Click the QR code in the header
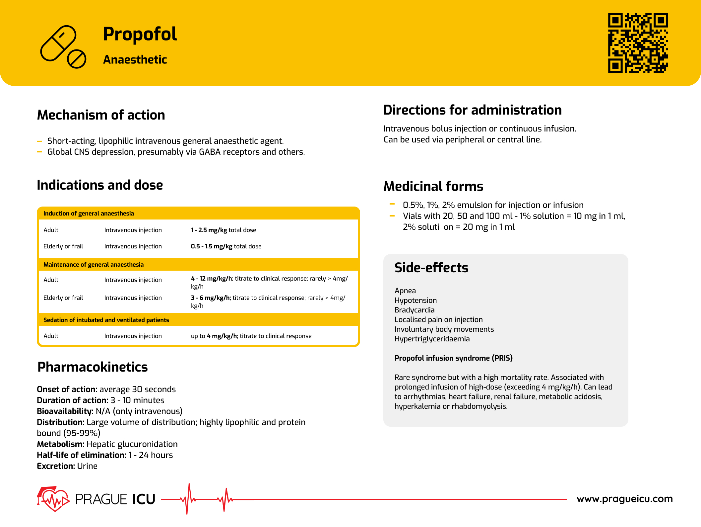pos(638,43)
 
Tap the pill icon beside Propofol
pos(63,46)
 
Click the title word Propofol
pos(140,34)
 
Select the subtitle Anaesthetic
pos(135,60)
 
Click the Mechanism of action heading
pos(101,115)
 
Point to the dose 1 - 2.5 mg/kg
pos(209,230)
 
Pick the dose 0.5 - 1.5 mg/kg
pos(211,246)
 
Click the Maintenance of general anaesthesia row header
pos(94,265)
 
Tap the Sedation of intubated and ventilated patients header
pos(106,320)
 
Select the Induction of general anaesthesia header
pos(89,214)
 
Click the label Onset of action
pos(67,389)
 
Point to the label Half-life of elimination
pos(81,455)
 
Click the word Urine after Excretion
pos(87,466)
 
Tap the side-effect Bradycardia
pos(414,310)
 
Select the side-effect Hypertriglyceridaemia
pos(432,339)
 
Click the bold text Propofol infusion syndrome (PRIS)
pos(453,358)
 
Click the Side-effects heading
pos(431,268)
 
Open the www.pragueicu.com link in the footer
pos(624,499)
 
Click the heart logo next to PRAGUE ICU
pos(53,499)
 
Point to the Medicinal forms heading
pos(433,187)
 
